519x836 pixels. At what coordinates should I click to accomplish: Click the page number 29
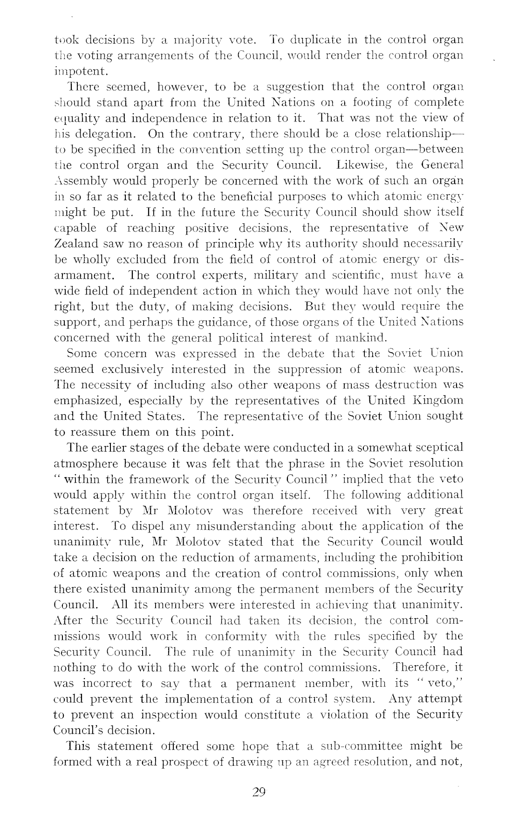(x=259, y=791)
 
